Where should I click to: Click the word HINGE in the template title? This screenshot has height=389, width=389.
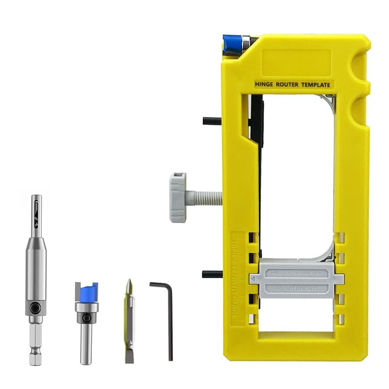(x=265, y=85)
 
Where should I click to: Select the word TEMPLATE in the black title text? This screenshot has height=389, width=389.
(x=317, y=85)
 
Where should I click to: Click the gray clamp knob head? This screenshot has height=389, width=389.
(x=178, y=197)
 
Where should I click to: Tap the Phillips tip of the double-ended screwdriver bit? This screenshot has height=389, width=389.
(x=128, y=286)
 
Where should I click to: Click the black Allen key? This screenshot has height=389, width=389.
(x=165, y=316)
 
